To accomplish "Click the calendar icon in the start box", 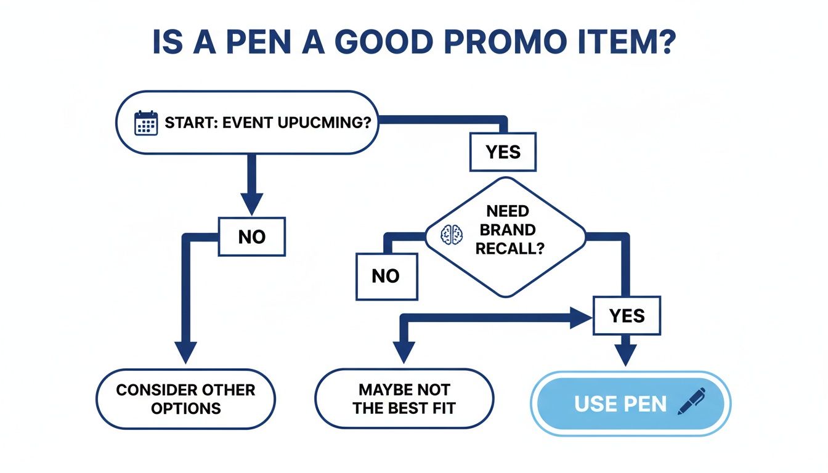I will (x=146, y=123).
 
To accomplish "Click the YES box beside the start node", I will (x=503, y=152).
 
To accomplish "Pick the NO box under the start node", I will (x=251, y=236).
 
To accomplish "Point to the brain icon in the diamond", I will (x=452, y=233).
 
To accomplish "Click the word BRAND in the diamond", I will (x=508, y=230).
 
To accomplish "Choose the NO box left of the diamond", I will (x=386, y=276).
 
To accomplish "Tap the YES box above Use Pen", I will (x=626, y=316).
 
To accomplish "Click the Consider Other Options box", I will (x=185, y=398).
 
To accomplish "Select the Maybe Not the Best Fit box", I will (x=404, y=398).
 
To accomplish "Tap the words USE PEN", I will (x=620, y=404).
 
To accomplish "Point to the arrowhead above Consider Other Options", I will (x=185, y=352).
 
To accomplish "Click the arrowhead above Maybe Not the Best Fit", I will (x=404, y=352).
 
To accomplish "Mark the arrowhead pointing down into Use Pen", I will (x=626, y=354).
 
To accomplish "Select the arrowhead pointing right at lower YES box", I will (x=580, y=318).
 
